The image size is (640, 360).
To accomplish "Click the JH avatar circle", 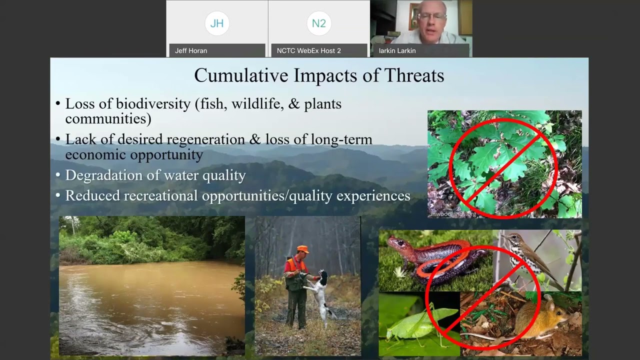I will (217, 23).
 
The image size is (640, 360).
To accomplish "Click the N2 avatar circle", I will (319, 23).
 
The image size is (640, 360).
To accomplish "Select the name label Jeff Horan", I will (191, 50).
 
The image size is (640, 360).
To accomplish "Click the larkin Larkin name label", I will (397, 50).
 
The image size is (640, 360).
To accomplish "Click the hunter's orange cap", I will (302, 248).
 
